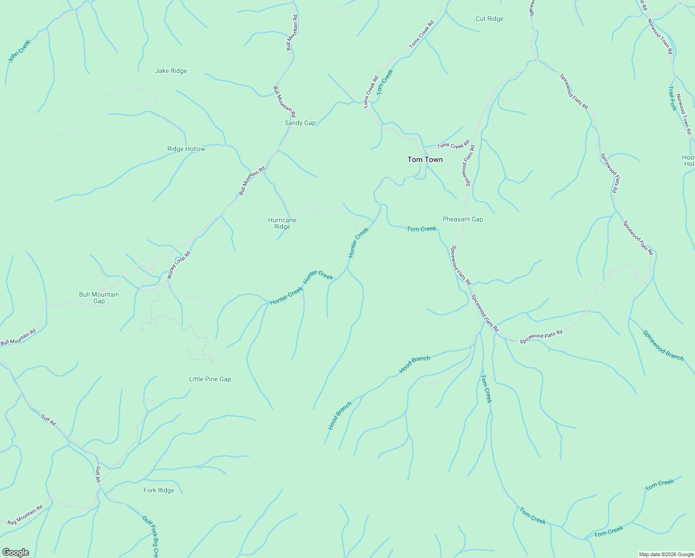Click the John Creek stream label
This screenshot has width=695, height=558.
(x=19, y=51)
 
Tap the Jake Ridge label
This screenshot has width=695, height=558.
(x=171, y=71)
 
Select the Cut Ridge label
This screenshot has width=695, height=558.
(x=489, y=19)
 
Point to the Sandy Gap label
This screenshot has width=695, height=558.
(x=300, y=123)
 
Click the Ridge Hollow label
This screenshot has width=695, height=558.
(x=186, y=149)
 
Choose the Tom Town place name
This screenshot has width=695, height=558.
(x=425, y=160)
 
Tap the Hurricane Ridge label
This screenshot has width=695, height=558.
(x=282, y=224)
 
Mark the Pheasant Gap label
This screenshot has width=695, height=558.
(x=463, y=219)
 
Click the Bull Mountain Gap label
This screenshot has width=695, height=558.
(x=99, y=298)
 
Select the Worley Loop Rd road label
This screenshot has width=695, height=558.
(x=179, y=266)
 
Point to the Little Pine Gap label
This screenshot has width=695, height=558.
(x=210, y=379)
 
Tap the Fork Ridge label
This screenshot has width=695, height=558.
(x=159, y=491)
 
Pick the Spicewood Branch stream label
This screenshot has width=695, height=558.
(x=663, y=345)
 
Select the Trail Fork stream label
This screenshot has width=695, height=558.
(x=672, y=98)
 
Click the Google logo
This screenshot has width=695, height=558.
(x=15, y=552)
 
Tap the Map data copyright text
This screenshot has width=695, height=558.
(x=666, y=554)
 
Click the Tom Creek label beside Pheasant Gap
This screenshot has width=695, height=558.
(x=421, y=229)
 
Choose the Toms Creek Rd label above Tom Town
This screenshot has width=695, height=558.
(x=453, y=146)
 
